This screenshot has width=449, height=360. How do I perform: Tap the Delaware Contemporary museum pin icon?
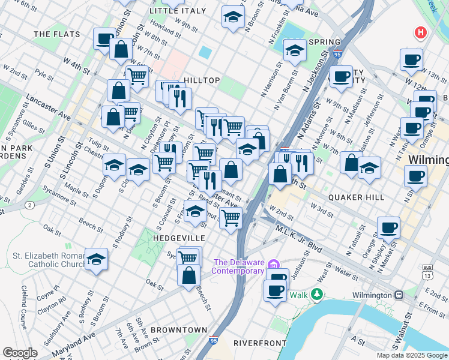click(274, 265)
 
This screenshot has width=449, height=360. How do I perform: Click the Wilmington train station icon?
click(399, 295)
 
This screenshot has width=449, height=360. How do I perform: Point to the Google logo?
click(20, 353)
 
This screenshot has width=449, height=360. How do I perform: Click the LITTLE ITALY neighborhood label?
click(171, 11)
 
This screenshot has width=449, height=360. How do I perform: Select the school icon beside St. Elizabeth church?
click(96, 259)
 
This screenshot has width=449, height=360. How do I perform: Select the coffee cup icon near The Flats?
click(105, 40)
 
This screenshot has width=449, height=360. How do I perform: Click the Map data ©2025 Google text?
click(412, 355)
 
